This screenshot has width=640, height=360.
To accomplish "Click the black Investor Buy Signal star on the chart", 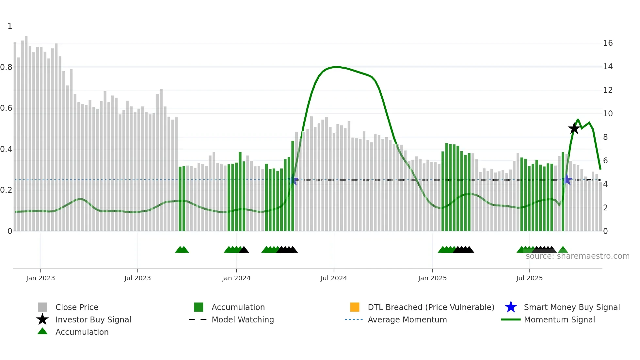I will click(x=574, y=128).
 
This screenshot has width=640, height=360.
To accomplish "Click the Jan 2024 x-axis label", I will click(x=236, y=278).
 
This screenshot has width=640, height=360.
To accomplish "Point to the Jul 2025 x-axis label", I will click(x=529, y=278).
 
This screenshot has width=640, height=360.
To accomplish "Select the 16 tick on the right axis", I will click(x=608, y=43).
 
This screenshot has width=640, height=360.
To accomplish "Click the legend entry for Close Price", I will click(x=77, y=307).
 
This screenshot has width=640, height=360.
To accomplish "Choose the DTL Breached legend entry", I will click(x=431, y=307).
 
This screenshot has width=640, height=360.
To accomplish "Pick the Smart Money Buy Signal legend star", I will click(x=511, y=307).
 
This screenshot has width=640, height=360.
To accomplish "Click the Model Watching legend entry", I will click(x=243, y=320).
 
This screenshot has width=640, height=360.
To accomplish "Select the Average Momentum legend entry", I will click(x=407, y=320).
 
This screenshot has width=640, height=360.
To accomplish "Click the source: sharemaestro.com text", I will click(x=577, y=256).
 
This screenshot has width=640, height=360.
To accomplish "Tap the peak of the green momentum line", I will click(x=337, y=67).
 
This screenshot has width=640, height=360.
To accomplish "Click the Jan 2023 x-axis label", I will click(x=40, y=278).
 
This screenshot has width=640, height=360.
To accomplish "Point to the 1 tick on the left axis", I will click(x=10, y=26).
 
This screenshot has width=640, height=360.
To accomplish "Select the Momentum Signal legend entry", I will click(x=559, y=320).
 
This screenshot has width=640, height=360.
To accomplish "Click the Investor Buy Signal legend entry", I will click(x=93, y=320).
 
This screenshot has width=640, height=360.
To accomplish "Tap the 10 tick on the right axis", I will click(x=608, y=114).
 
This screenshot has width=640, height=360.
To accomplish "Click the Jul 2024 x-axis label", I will click(x=334, y=278).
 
